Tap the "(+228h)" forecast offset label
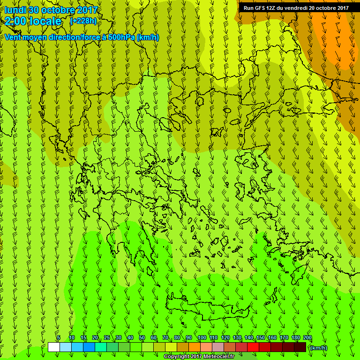pyautogui.click(x=83, y=21)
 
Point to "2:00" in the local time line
pyautogui.click(x=15, y=21)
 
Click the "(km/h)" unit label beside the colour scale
pyautogui.click(x=319, y=347)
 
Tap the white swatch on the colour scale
pyautogui.click(x=53, y=347)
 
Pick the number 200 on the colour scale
pyautogui.click(x=307, y=338)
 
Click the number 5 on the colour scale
pyautogui.click(x=59, y=338)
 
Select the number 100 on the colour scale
pyautogui.click(x=202, y=338)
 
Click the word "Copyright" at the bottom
pyautogui.click(x=177, y=357)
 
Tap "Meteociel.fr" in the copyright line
pyautogui.click(x=219, y=357)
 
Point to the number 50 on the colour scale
pyautogui.click(x=142, y=338)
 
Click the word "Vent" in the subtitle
pyautogui.click(x=13, y=37)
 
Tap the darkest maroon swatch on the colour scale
pyautogui.click(x=300, y=347)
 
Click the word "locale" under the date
pyautogui.click(x=46, y=21)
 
